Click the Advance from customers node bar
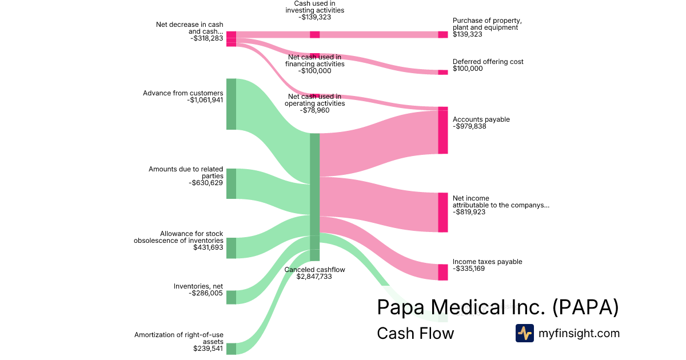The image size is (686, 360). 231,104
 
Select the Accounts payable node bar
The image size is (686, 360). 443,132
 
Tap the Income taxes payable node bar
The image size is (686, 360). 443,272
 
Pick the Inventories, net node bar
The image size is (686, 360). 231,297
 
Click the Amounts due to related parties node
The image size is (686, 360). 231,183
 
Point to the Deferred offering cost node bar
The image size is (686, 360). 443,73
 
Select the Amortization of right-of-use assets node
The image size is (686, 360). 231,349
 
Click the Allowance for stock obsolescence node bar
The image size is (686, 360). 231,248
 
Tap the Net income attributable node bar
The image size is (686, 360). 443,213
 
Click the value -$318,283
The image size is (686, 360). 205,39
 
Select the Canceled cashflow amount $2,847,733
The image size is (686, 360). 314,277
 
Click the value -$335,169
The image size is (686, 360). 469,269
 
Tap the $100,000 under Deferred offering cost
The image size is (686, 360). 468,69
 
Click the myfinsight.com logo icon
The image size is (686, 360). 524,333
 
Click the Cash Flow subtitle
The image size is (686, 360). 415,333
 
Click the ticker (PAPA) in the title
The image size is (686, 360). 586,307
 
